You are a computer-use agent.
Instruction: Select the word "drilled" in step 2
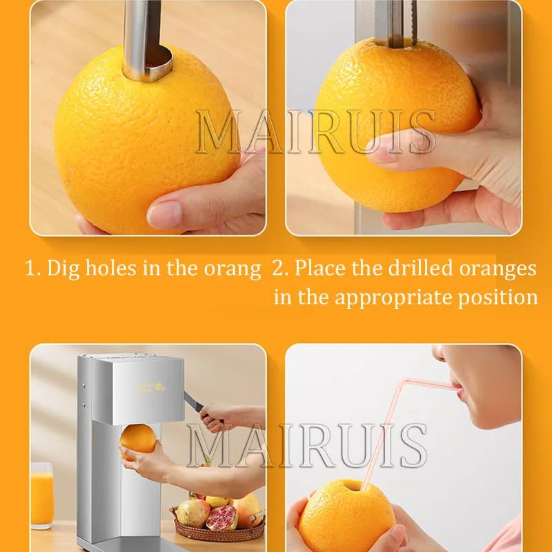point(420,268)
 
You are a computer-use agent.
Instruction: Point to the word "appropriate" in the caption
point(393,298)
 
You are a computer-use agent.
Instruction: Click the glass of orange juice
point(42,495)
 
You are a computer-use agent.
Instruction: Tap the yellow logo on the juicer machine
point(150,388)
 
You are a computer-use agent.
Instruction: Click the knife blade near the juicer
point(193,402)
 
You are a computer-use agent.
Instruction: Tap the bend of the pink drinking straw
point(404,382)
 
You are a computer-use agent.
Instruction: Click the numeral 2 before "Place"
point(278,268)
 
